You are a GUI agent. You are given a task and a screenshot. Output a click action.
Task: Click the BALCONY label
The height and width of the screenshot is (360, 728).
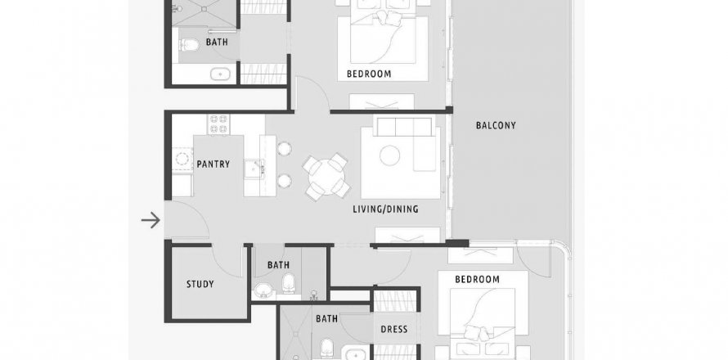(496, 125)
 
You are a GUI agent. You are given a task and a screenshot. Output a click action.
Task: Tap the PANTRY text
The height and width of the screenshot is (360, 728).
(213, 164)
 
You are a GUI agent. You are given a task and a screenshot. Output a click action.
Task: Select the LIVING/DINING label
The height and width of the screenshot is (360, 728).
(385, 209)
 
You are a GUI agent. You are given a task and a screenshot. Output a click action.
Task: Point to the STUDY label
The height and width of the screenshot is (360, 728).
(200, 284)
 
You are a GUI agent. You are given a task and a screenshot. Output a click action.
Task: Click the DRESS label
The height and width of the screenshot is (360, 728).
(394, 330)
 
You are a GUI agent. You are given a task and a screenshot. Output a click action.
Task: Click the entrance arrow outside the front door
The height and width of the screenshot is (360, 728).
(151, 220)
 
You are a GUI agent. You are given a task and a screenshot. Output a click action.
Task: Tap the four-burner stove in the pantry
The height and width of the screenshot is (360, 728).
(218, 124)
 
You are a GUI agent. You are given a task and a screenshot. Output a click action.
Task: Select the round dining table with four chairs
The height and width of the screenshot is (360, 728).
(327, 177)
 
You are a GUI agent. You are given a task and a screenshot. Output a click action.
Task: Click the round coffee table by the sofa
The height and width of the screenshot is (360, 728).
(390, 155)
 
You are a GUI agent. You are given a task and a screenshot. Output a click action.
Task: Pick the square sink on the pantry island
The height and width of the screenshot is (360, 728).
(254, 169)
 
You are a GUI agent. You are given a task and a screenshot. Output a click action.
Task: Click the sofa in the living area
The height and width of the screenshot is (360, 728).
(406, 143)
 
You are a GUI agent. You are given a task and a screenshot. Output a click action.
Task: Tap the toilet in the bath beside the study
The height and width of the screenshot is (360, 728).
(289, 282)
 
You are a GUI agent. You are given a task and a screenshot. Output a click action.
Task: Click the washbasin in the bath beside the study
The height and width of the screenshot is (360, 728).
(263, 290)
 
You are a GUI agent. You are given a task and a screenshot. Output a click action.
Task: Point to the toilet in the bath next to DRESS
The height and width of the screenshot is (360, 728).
(327, 348)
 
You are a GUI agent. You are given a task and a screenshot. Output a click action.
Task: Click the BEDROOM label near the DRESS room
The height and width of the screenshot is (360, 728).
(477, 279)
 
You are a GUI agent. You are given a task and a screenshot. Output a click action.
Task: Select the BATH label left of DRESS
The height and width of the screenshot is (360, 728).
(326, 318)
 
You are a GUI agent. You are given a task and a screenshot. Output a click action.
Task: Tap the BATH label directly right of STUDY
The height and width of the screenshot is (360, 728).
(278, 265)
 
